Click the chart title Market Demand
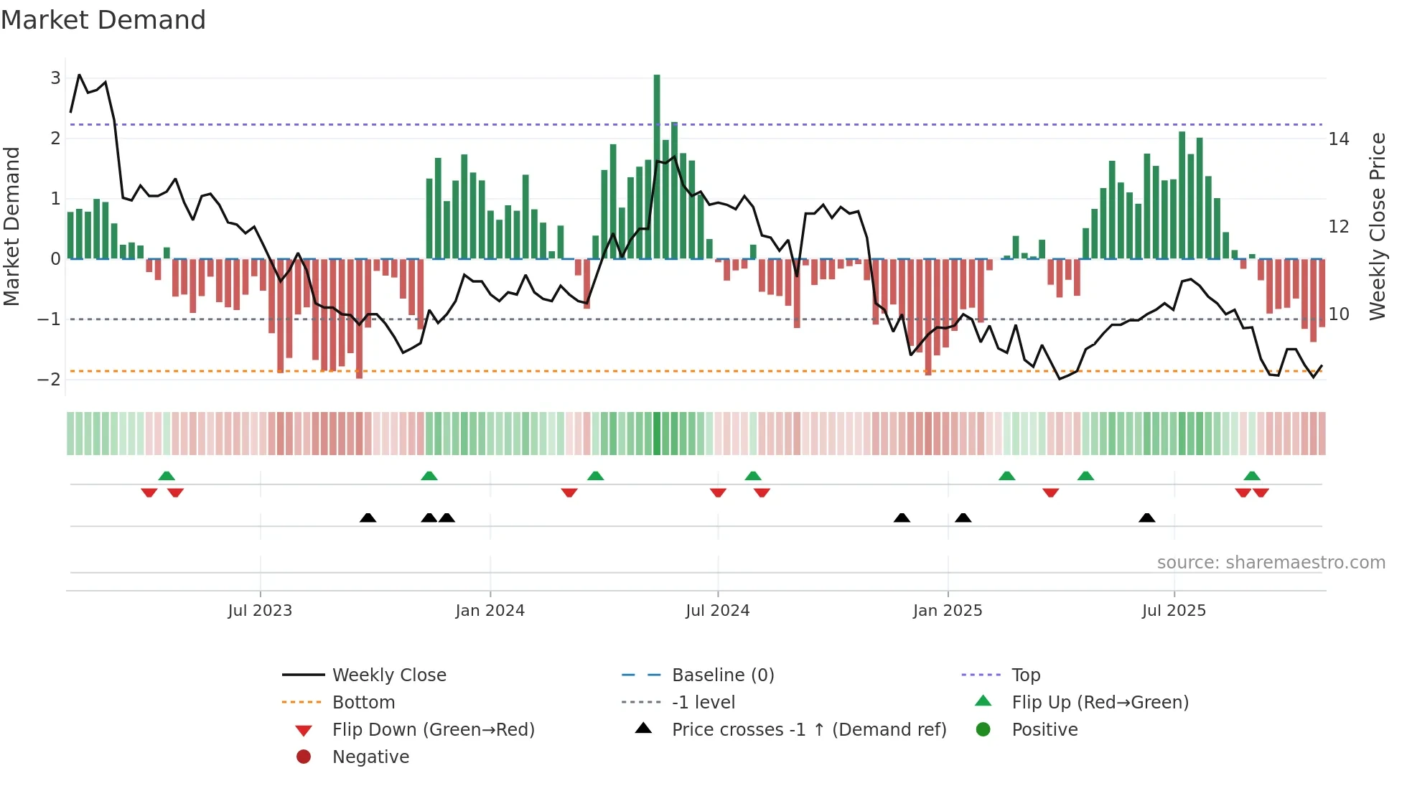tap(103, 20)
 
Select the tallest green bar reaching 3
tap(657, 165)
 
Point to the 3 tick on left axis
tap(55, 78)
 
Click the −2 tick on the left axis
tap(50, 379)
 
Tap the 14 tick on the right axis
tap(1339, 139)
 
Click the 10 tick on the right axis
tap(1339, 314)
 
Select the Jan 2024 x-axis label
tap(490, 611)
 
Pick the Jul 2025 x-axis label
tap(1174, 611)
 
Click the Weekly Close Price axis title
tap(1377, 226)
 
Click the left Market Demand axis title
tap(11, 226)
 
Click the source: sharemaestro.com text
tap(1271, 563)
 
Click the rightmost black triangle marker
tap(1146, 518)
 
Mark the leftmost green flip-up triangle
tap(167, 476)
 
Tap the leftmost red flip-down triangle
tap(149, 492)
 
